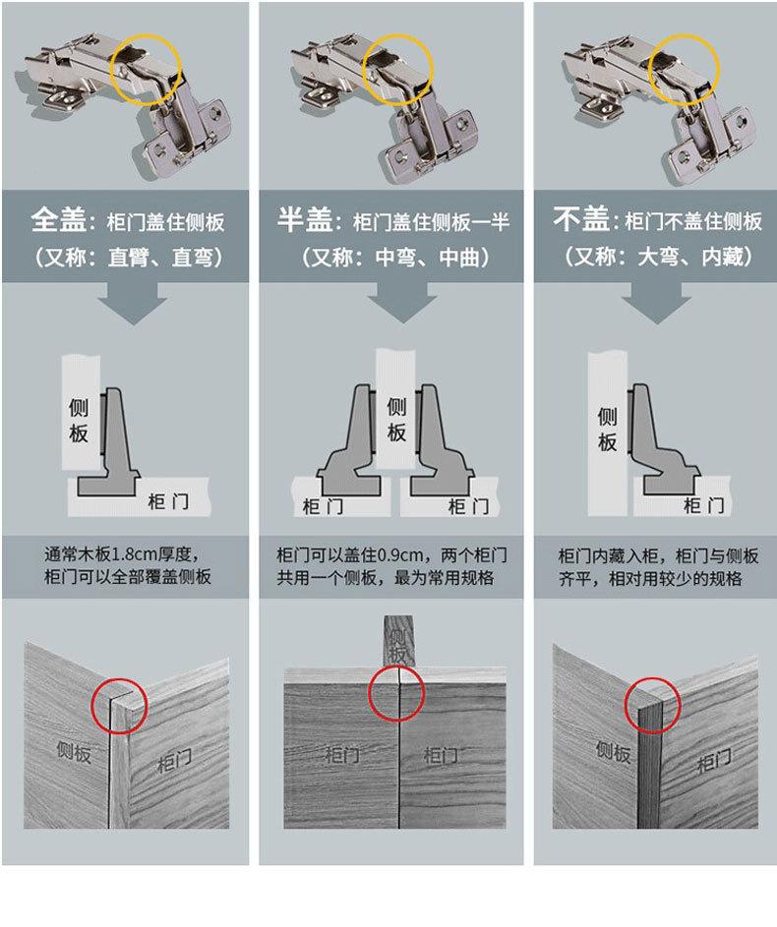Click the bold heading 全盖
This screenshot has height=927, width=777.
coord(59,219)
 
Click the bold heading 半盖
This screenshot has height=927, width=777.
coord(305,219)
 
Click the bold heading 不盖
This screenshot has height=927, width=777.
coord(580,219)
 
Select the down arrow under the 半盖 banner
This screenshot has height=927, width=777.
coord(402,302)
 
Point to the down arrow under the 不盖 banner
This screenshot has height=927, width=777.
coord(656,303)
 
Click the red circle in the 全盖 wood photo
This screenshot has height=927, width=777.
coord(91,706)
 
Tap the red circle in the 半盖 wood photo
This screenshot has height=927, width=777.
coord(369,693)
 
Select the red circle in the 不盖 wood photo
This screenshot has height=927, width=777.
coord(626,705)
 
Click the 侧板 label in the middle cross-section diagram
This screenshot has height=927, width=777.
coord(396,420)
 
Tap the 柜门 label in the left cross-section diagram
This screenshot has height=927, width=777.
coord(168,502)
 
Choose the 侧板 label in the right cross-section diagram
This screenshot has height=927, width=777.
coord(607,429)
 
